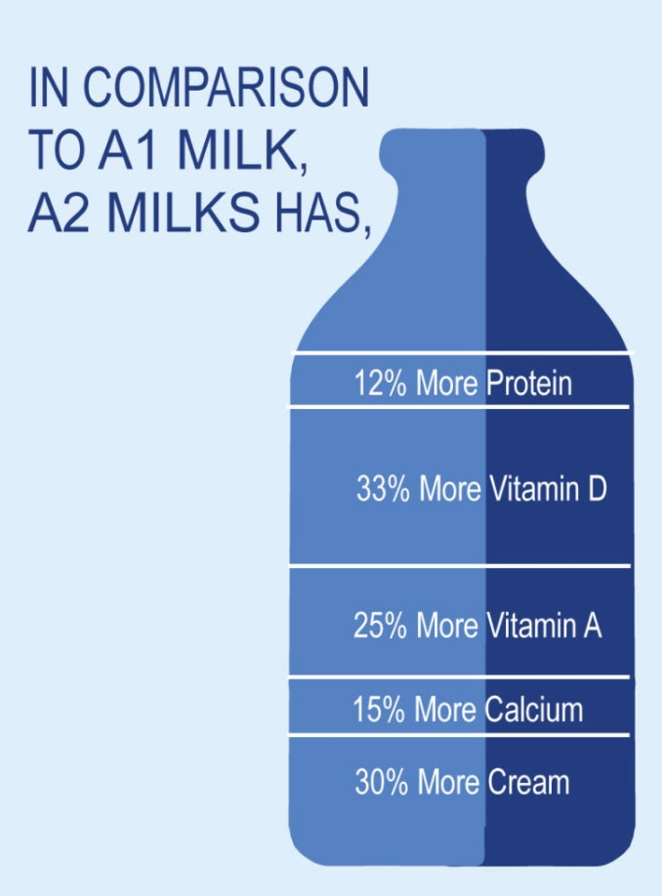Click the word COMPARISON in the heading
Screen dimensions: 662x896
point(227,88)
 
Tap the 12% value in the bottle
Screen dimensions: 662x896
point(380,383)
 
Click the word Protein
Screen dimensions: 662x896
point(529,383)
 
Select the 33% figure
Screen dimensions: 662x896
point(383,489)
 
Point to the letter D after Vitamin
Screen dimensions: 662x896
point(597,489)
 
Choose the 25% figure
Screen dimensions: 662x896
point(380,625)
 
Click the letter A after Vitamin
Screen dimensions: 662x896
point(593,625)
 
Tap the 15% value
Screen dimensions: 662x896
point(379,710)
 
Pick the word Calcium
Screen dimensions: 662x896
point(534,710)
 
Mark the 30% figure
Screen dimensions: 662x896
point(382,782)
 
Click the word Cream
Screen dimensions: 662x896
point(528,782)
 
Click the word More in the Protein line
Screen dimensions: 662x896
point(446,383)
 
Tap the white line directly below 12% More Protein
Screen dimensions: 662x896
point(458,407)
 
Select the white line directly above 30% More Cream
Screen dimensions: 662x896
point(458,735)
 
